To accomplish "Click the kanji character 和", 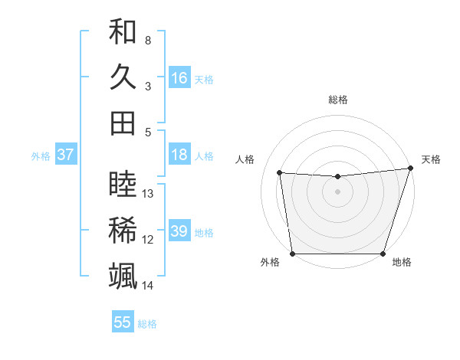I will pos(123,31).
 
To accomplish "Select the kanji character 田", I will pos(123,123).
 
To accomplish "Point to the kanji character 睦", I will pos(123,185).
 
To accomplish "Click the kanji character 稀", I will pos(123,230).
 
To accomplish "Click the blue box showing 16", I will pos(179,77).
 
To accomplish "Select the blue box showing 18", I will pos(179,155).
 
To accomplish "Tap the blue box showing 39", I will pos(179,231).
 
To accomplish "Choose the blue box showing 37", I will pos(65,155).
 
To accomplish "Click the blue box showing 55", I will pos(123,322).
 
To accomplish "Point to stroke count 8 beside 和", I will pos(147,40).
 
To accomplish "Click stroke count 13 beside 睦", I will pos(149,194).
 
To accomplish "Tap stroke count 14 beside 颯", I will pos(149,286).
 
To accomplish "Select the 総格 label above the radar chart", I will pos(338,100).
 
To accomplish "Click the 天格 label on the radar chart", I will pos(431,159).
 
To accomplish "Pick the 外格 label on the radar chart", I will pos(270,262).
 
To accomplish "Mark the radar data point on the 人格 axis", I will pos(280,173).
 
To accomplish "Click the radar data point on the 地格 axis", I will pos(383,254).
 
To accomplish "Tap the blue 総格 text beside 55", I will pos(147,324).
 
